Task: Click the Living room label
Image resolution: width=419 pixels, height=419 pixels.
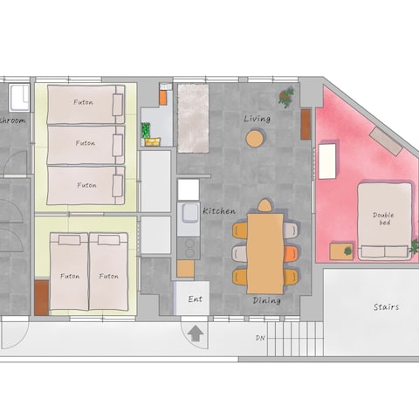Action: click(258, 119)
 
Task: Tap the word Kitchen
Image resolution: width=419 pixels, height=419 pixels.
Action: click(219, 211)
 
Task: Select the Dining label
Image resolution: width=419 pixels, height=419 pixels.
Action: click(267, 300)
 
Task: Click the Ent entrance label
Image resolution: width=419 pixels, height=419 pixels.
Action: click(195, 299)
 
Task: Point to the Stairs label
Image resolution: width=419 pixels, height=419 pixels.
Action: click(386, 307)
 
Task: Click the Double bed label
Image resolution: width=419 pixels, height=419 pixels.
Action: click(383, 219)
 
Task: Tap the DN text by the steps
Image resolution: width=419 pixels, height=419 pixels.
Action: click(260, 338)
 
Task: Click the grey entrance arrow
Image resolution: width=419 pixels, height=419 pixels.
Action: click(196, 333)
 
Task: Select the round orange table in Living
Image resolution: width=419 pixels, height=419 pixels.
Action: click(255, 138)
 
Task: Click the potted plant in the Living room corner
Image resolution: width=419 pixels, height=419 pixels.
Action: click(286, 97)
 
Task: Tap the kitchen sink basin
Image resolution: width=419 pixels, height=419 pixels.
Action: click(189, 214)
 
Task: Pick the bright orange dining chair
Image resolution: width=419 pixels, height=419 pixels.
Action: click(291, 254)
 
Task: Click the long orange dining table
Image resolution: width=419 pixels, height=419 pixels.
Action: click(265, 253)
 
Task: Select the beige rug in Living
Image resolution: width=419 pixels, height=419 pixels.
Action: click(193, 119)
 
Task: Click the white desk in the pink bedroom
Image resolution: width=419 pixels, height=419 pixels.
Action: click(327, 161)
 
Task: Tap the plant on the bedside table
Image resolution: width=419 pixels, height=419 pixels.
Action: click(347, 251)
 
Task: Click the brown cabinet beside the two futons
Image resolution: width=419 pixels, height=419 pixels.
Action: click(42, 298)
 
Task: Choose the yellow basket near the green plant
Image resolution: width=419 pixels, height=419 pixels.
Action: click(153, 141)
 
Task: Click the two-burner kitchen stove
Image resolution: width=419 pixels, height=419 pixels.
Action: click(189, 248)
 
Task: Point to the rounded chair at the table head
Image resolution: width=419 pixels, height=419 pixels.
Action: click(264, 205)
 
